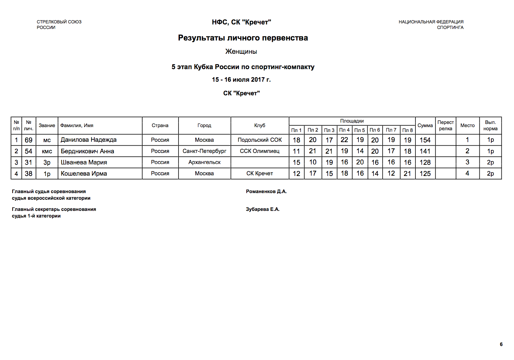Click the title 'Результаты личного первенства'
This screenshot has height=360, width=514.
pos(243,38)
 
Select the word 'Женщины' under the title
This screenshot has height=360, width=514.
pos(241,52)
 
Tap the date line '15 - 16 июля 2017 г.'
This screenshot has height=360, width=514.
pos(241,80)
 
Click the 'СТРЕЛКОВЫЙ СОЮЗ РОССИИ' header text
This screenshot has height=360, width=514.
pos(59,24)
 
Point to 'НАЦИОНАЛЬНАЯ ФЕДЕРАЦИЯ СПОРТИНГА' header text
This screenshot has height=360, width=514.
pos(431,24)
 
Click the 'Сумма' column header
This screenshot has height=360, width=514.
pos(425,125)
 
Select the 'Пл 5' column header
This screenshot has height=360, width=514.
pos(360,130)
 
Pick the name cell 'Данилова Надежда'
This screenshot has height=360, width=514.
pos(88,140)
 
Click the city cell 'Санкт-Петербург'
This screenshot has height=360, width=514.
pos(204,151)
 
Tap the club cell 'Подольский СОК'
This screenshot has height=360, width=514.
pos(260,140)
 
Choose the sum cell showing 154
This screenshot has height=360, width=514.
pos(425,140)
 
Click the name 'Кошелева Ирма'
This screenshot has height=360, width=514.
pos(84,174)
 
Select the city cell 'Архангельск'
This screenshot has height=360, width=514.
pos(204,162)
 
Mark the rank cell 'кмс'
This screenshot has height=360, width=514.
pos(47,151)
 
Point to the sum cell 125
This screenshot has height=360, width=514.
pos(425,174)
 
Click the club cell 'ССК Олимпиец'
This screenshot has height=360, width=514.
pos(260,151)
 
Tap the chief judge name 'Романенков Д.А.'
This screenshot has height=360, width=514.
pos(266,191)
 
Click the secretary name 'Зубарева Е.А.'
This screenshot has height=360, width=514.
pos(263,209)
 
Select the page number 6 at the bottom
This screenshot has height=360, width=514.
pos(501,344)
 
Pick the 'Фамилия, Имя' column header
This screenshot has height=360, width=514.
pos(77,125)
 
